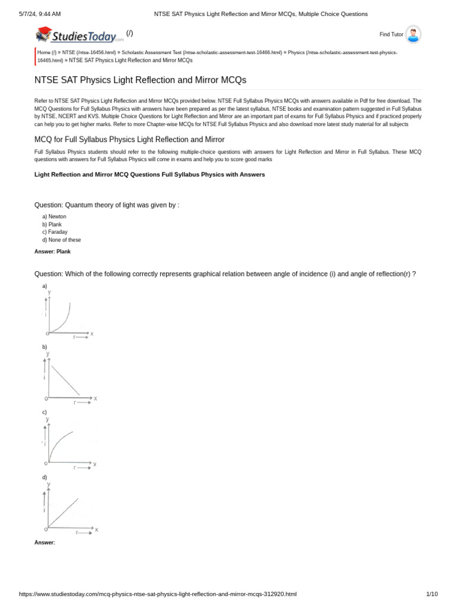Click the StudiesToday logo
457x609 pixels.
click(80, 36)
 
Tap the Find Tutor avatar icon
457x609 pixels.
click(413, 34)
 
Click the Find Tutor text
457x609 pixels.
click(392, 34)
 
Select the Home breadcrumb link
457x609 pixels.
click(44, 52)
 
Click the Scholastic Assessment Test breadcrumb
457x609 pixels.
click(151, 52)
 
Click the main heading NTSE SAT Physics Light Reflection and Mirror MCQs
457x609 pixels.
click(140, 80)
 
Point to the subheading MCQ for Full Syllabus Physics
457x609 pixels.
click(130, 139)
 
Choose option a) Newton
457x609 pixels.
click(54, 216)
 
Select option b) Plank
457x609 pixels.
click(52, 224)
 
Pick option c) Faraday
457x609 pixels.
click(55, 232)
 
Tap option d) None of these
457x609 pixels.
click(61, 240)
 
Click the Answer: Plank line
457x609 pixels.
click(52, 252)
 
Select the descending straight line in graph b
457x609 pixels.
click(65, 379)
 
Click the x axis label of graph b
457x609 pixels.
click(95, 398)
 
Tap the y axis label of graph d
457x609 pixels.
click(49, 485)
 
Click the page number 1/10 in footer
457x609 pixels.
click(432, 594)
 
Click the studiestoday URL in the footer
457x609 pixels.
click(158, 594)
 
